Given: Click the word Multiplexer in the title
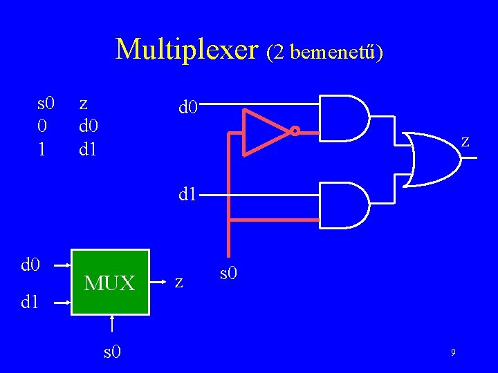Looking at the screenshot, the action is coord(186,50).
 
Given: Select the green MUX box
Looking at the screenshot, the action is coord(111,282).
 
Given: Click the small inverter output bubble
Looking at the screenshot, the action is coord(294,131).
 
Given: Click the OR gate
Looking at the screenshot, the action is coord(433,158).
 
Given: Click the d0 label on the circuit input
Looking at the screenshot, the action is coord(189,107).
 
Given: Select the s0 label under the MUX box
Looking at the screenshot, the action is coord(113,352).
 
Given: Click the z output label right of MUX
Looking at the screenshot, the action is coord(179,282).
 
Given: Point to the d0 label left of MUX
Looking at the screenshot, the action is coord(31,264).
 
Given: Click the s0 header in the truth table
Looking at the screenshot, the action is coord(46,104).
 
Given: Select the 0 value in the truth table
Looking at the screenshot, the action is coord(42,126).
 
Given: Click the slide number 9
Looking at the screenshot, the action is coord(452,353).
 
